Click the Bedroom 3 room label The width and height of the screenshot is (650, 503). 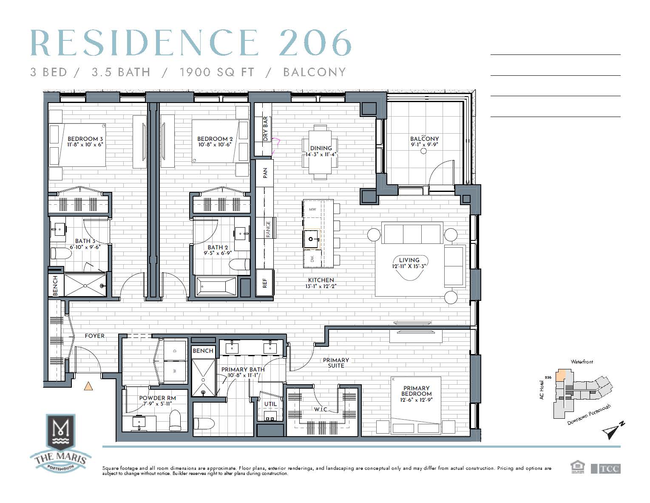point(85,139)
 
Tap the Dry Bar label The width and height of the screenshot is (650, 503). point(265,129)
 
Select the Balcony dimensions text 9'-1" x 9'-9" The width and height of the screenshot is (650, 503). point(424,144)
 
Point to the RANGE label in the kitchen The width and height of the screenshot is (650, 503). point(268,229)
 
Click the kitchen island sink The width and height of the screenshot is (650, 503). point(311,239)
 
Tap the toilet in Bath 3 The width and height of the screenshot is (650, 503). point(61,254)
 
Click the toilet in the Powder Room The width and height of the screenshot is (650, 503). point(175,420)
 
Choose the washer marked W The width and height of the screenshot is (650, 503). point(175,371)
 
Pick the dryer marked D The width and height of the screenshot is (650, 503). point(175,351)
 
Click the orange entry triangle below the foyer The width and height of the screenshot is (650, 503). point(88,386)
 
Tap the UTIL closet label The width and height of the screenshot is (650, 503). point(270,404)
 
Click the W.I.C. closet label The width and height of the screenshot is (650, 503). point(321,409)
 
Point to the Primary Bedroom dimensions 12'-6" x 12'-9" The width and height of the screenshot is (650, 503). point(416,400)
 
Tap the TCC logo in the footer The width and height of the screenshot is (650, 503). point(606,469)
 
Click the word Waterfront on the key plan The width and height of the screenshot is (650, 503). point(582,362)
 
